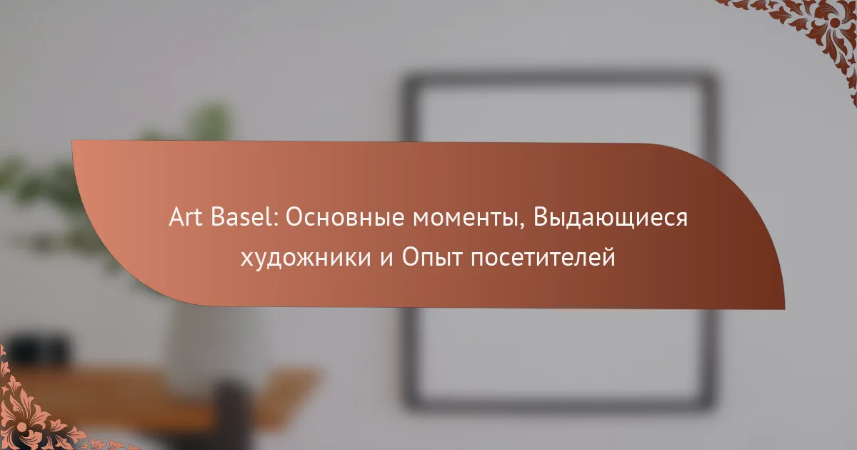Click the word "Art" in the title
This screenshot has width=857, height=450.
pos(186,217)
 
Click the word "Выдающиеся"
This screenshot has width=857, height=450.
pos(610,218)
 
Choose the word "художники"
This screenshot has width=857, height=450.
pos(306,257)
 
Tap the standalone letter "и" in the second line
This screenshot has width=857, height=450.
pos(386,259)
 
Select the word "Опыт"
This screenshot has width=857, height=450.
pos(432,257)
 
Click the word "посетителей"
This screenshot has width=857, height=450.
pos(543,258)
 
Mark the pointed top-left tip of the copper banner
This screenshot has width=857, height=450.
pos(72,141)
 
